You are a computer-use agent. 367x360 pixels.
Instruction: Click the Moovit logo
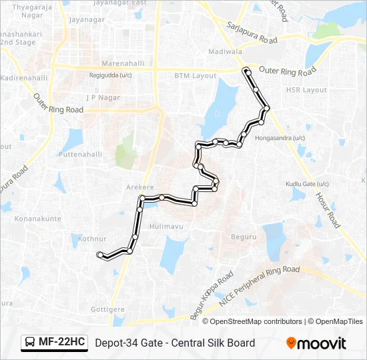[316, 343]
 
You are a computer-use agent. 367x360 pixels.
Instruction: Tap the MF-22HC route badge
[55, 343]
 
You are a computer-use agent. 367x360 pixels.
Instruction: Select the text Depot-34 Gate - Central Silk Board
[175, 343]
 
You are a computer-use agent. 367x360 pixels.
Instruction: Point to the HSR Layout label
[306, 90]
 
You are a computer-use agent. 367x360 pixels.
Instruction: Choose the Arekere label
[140, 188]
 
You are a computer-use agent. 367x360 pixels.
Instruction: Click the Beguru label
[244, 237]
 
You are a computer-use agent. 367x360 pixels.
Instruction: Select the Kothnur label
[92, 238]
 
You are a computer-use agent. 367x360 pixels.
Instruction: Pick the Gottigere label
[108, 310]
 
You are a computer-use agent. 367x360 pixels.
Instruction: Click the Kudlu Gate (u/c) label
[308, 184]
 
